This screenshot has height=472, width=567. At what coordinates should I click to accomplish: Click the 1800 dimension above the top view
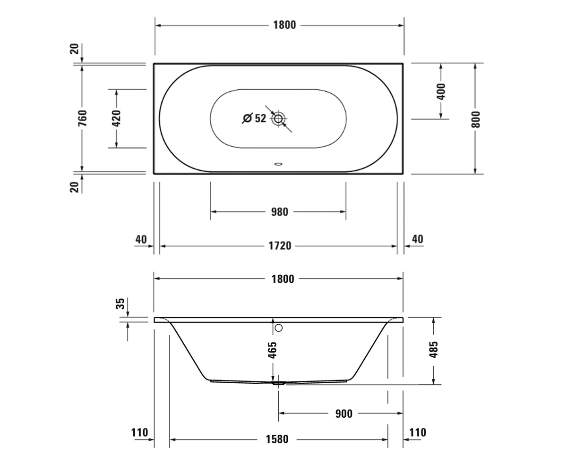[284, 25]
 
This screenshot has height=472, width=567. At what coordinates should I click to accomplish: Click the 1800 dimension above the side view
[283, 279]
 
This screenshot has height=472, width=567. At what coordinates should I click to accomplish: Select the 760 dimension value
[83, 118]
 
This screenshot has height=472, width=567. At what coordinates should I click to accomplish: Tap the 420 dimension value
[116, 118]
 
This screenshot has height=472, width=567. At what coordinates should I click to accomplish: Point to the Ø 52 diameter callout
[254, 118]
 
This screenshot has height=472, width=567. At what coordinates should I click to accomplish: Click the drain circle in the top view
[278, 118]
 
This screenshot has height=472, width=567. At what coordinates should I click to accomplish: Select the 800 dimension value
[476, 119]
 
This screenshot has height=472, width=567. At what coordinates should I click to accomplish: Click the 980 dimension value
[279, 212]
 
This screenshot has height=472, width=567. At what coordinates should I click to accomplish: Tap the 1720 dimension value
[280, 246]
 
